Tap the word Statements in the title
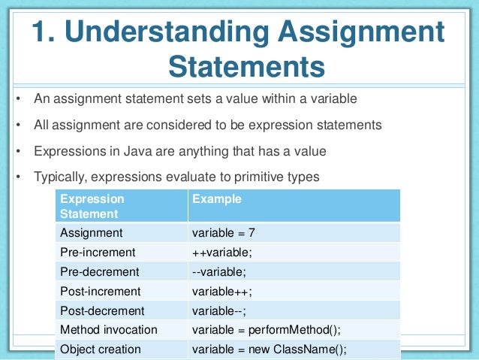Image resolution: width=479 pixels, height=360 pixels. coord(247,66)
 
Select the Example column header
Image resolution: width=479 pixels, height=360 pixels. coord(217,200)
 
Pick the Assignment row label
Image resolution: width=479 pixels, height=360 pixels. coord(91,233)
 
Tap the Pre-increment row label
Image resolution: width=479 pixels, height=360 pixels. coord(97,252)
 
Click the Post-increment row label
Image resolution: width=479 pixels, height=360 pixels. coord(99,290)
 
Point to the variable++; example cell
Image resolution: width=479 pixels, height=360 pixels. coord(223,290)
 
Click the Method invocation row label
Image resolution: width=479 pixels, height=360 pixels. coord(108,329)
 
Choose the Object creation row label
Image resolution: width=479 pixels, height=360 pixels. coord(100,349)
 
